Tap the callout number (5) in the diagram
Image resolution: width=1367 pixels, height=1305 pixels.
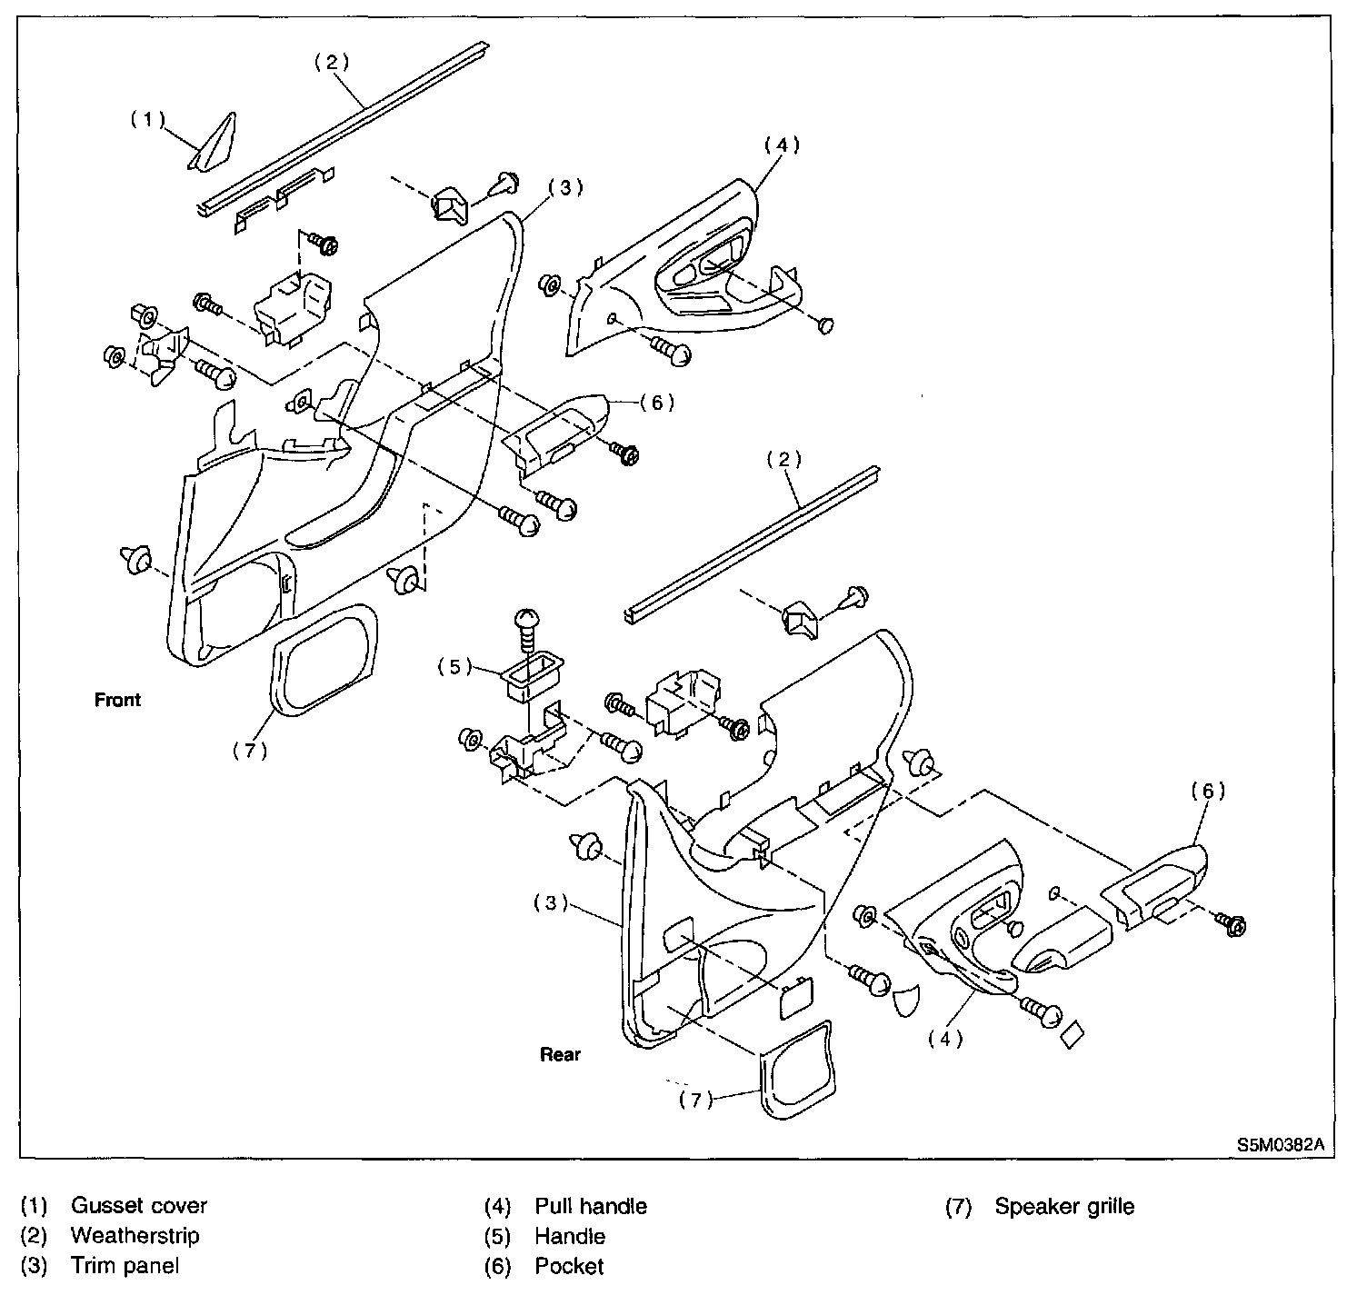pos(454,666)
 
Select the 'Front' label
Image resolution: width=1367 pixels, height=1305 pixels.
pos(118,700)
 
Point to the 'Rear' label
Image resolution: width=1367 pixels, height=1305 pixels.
pos(560,1055)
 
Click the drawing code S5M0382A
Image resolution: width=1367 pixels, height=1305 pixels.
pos(1279,1146)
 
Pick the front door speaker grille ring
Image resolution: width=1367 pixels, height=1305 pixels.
pos(324,657)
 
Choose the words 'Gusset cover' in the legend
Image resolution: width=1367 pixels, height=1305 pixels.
pos(138,1206)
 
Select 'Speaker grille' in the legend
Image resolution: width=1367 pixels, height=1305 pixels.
pos(1064,1207)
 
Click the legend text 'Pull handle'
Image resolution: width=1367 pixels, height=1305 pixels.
pos(591,1206)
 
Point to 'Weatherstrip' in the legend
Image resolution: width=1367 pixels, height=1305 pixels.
pos(135,1236)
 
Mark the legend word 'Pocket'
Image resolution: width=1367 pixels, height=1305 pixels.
pos(569,1266)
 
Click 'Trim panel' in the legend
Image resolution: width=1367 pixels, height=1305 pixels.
pos(125,1266)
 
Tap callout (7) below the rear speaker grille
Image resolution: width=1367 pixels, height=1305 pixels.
pos(696,1100)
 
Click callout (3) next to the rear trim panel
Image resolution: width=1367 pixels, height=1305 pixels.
pos(551,903)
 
